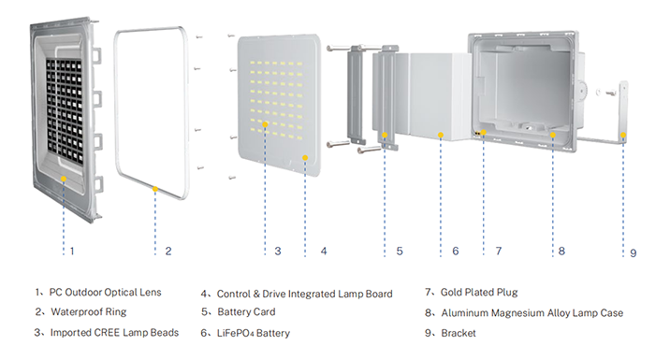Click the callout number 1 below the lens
click(72, 251)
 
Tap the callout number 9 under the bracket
click(634, 253)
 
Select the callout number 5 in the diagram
click(400, 252)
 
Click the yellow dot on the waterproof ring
click(155, 189)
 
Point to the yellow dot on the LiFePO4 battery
click(441, 135)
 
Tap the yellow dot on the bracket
click(623, 135)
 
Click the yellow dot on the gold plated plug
click(484, 133)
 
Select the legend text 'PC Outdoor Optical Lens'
click(105, 293)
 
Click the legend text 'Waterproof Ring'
click(89, 311)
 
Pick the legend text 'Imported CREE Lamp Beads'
click(114, 333)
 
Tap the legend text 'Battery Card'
click(246, 311)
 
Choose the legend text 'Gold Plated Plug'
click(479, 292)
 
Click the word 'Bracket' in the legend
click(459, 333)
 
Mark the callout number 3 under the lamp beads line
click(278, 252)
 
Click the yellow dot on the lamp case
click(553, 135)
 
